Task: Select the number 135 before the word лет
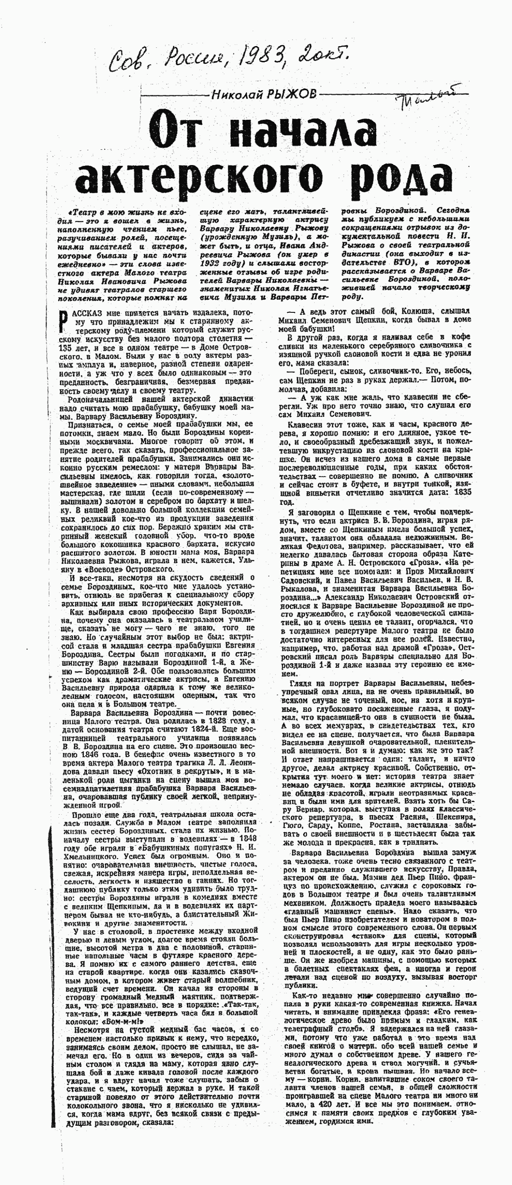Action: tap(68, 348)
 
